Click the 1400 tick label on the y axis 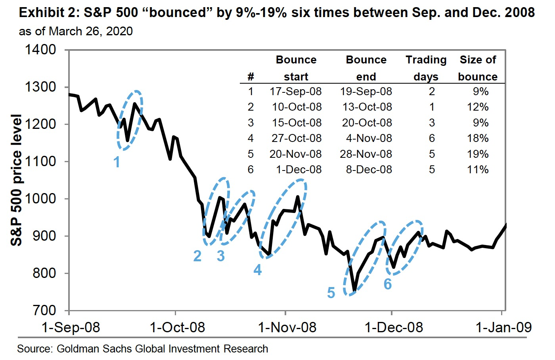[x=40, y=50]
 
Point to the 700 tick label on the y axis [x=44, y=310]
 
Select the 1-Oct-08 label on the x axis [x=177, y=327]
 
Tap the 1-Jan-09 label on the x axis [x=503, y=327]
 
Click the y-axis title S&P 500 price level [x=16, y=180]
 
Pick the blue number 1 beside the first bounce [x=117, y=162]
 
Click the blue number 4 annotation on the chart [x=258, y=270]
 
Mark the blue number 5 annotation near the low [x=331, y=293]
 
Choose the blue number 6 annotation [x=388, y=284]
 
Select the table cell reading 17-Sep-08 [x=296, y=92]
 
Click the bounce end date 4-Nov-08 [x=369, y=138]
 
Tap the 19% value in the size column [x=478, y=154]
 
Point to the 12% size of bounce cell [x=478, y=107]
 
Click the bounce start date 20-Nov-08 [x=296, y=154]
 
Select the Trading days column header [x=426, y=68]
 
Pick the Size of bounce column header [x=478, y=68]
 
